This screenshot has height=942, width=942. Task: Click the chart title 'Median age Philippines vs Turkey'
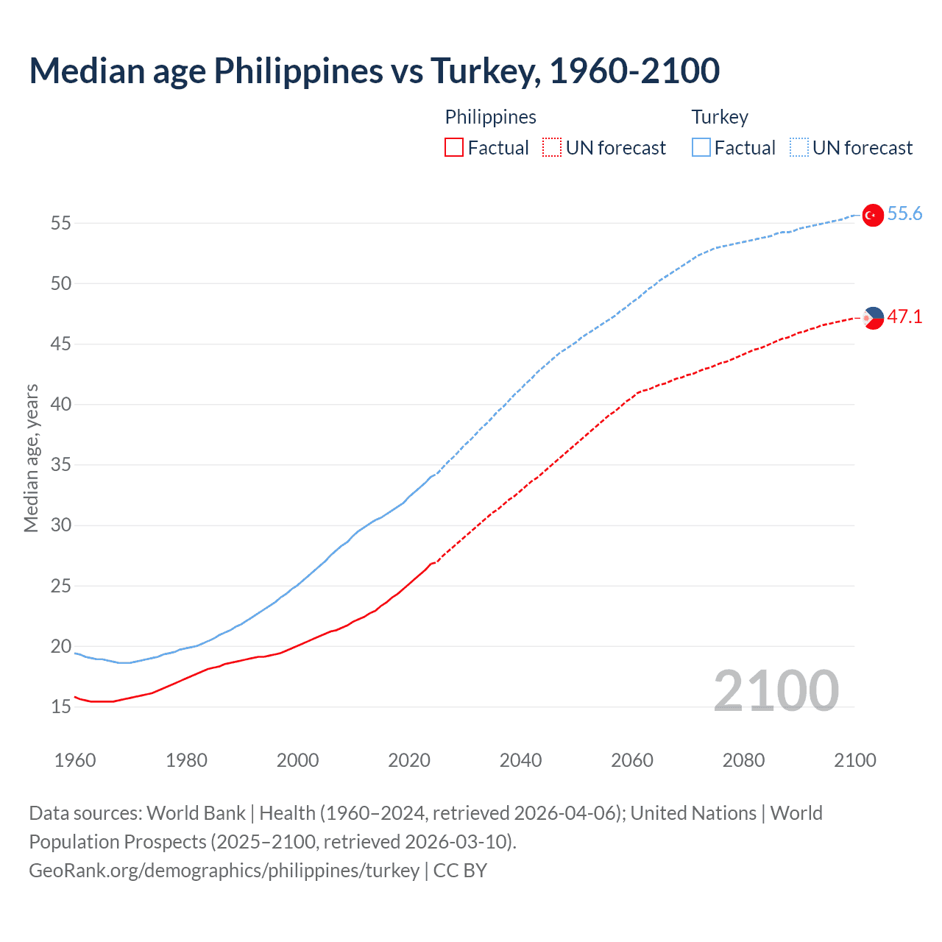(374, 71)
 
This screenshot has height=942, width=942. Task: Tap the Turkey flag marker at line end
(872, 215)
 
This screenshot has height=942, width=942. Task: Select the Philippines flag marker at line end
(873, 318)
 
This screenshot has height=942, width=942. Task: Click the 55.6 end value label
(904, 214)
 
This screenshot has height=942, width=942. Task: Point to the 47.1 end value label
(904, 317)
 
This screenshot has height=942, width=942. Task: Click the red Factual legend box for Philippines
(454, 148)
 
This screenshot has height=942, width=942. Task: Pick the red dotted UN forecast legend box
(552, 148)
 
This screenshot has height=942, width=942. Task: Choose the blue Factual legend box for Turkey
(701, 148)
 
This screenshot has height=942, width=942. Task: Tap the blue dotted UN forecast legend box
(798, 148)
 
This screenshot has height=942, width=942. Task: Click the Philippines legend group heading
(490, 117)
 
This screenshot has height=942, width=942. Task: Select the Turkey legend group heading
(720, 117)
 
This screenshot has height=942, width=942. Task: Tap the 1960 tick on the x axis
(75, 760)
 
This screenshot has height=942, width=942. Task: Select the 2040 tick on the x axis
(520, 760)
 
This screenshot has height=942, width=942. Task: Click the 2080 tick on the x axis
(743, 760)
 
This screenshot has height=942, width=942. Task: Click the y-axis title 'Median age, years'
(31, 458)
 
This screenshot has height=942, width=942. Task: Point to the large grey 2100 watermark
(776, 691)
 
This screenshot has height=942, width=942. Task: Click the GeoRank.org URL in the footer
(224, 871)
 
